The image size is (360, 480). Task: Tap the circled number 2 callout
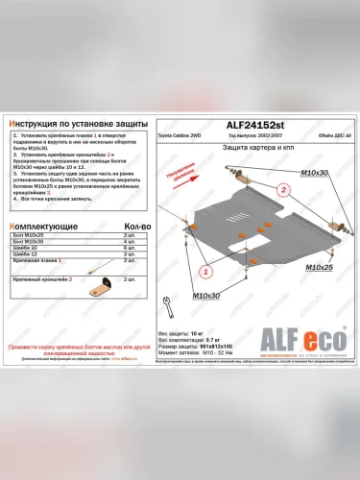284,189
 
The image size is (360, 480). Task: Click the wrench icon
169,306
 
